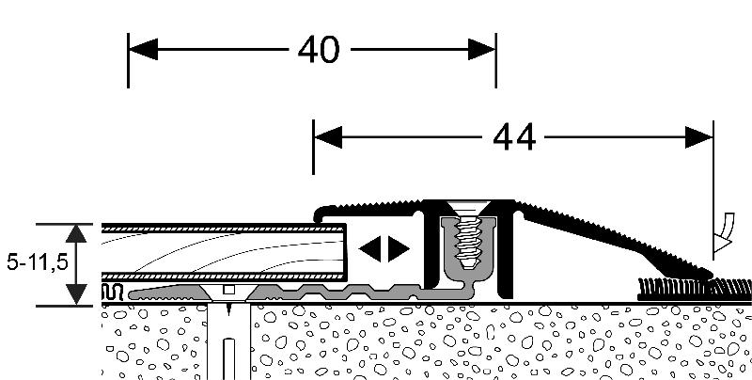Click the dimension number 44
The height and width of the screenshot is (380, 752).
click(513, 138)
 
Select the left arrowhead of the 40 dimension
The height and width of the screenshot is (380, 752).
click(139, 48)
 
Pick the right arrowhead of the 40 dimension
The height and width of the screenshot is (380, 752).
click(484, 48)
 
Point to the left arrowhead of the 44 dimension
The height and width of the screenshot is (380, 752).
click(325, 137)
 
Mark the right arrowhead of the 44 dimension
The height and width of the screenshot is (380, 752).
click(700, 137)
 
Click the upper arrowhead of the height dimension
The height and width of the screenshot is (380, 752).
click(76, 232)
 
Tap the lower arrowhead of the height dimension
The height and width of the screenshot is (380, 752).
click(76, 296)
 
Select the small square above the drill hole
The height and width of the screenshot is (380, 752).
click(228, 289)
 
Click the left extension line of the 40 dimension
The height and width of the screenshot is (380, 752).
click(128, 66)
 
